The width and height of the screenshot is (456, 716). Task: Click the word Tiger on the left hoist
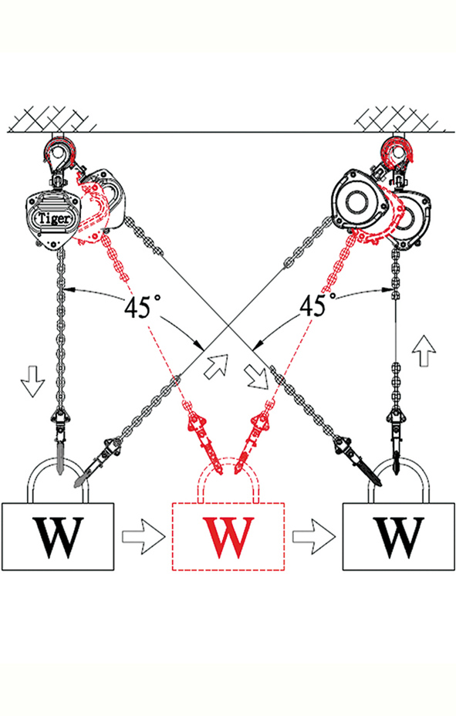click(54, 218)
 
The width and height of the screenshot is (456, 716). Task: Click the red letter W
click(228, 538)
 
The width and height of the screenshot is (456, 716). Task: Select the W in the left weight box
click(58, 538)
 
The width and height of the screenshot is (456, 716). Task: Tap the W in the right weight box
click(398, 538)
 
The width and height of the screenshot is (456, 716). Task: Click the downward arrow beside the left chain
click(32, 380)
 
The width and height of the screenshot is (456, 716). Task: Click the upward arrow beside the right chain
click(424, 351)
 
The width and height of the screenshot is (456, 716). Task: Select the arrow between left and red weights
click(143, 535)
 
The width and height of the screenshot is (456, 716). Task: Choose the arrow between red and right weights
click(313, 535)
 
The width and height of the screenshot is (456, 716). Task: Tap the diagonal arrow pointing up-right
click(216, 365)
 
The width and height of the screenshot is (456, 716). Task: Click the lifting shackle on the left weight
click(31, 484)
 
